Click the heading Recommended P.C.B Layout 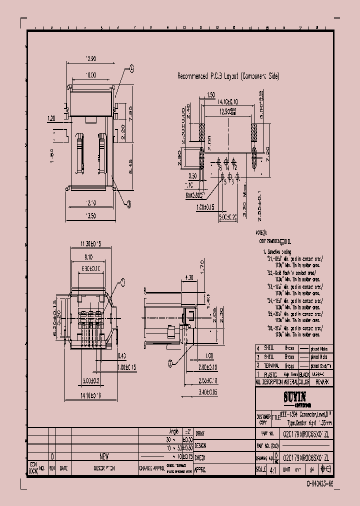click(228, 76)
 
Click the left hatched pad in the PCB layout click(202, 132)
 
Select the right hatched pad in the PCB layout click(254, 132)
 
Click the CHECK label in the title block click(200, 457)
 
